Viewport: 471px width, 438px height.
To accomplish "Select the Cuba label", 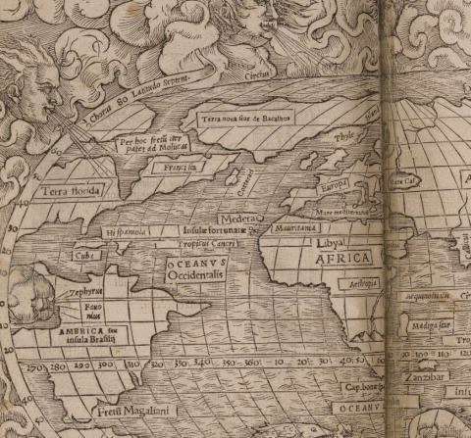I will [x=83, y=256].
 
